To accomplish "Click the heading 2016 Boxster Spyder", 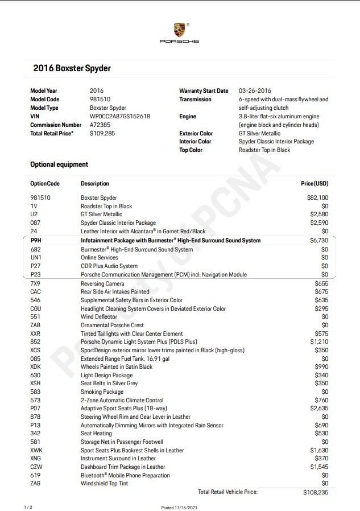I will (x=72, y=68).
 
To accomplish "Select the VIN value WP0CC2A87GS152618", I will (x=120, y=116).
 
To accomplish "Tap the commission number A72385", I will (x=100, y=125).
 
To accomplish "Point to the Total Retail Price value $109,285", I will (x=102, y=133).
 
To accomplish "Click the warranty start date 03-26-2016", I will (x=255, y=90).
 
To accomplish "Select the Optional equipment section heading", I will (x=59, y=164).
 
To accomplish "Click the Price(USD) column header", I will (x=314, y=184).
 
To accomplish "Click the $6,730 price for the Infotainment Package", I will (x=318, y=241).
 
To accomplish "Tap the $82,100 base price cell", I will (x=317, y=197).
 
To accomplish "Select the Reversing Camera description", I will (x=103, y=283).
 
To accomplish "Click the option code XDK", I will (x=35, y=367).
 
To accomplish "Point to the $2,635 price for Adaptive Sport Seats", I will (x=319, y=409).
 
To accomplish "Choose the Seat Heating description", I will (x=97, y=434).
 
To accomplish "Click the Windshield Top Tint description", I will (x=104, y=484).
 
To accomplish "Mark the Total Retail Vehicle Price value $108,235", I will (x=316, y=492).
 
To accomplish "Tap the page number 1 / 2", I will (x=27, y=506).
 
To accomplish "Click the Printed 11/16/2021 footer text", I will (x=179, y=507).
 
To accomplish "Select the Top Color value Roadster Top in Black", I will (x=264, y=150).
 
